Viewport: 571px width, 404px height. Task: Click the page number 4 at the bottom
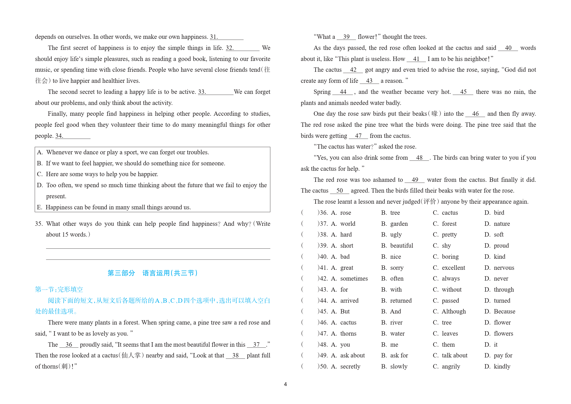coord(285,384)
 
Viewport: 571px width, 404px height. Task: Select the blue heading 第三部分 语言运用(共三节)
coord(153,273)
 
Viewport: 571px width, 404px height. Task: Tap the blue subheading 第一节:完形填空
coord(59,290)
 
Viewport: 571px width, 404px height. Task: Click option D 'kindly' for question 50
coord(502,366)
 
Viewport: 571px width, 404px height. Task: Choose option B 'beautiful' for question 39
coord(401,246)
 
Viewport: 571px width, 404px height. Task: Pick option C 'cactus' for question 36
coord(450,213)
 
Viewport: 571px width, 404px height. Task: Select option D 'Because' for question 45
coord(504,311)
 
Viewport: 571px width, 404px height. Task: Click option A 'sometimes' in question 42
coord(354,279)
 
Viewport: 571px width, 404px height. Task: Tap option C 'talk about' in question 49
coord(454,355)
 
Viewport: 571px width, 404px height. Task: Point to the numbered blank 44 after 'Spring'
coord(343,92)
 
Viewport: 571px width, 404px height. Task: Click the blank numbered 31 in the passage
coord(227,37)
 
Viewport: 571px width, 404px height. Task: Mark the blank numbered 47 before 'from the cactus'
coord(358,136)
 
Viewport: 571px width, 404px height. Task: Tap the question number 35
coord(39,224)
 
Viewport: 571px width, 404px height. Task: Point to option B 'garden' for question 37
coord(399,224)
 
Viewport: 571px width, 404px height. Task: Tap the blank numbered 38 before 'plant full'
coord(235,355)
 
